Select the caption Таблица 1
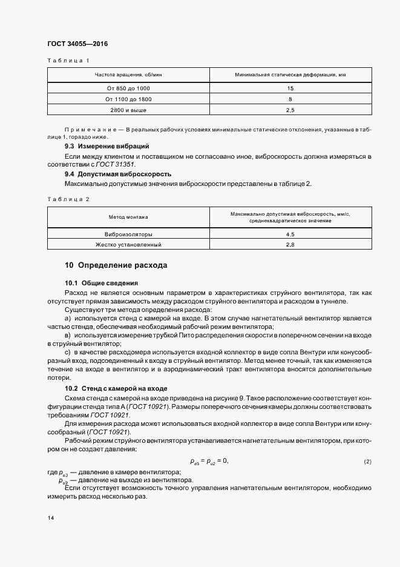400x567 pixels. tap(68, 61)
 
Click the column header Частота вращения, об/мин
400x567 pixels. tap(128, 75)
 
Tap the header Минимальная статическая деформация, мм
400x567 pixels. tap(290, 75)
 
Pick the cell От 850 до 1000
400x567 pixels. tap(128, 88)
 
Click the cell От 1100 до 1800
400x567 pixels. tap(128, 99)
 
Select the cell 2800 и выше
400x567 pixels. tap(128, 110)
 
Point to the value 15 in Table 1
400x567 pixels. tap(290, 88)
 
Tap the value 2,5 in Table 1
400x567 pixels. tap(290, 110)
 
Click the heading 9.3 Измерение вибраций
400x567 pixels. tap(107, 147)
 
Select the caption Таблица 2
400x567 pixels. tap(68, 199)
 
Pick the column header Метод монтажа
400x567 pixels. tap(128, 217)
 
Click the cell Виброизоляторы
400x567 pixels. tap(128, 234)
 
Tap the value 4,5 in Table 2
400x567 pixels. tap(290, 234)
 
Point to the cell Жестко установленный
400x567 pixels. tap(128, 244)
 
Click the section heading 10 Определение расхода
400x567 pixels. tap(116, 265)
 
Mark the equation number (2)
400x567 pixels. tap(367, 462)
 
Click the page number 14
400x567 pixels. tap(50, 519)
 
